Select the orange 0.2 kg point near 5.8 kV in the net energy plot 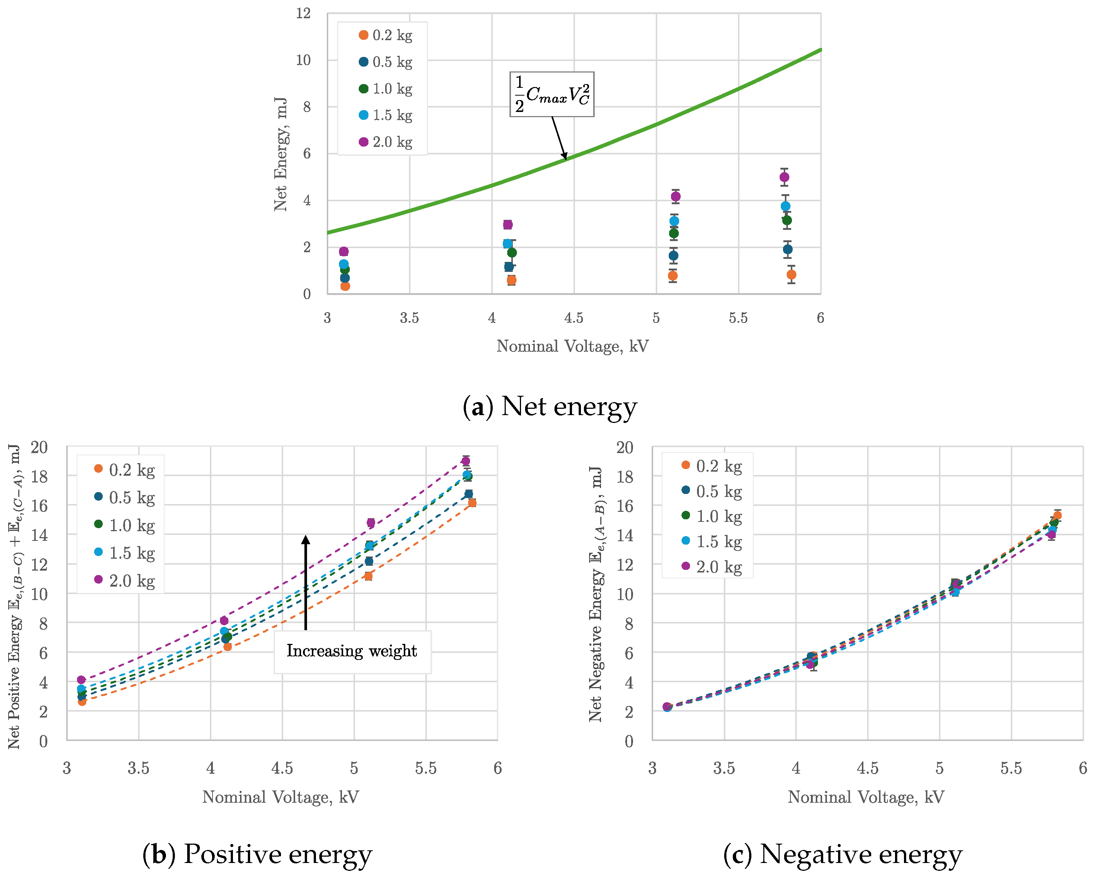(x=791, y=275)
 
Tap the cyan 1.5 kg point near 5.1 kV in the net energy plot (x=674, y=221)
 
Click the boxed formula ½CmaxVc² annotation (x=552, y=94)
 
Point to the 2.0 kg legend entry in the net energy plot (x=385, y=142)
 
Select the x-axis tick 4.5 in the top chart (x=574, y=318)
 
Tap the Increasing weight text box (x=352, y=651)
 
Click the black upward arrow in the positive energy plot (x=306, y=582)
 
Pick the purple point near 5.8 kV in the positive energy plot (x=466, y=461)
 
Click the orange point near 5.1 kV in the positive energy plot (x=368, y=576)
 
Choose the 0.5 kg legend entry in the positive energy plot (x=125, y=498)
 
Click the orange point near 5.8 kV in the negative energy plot (x=1057, y=515)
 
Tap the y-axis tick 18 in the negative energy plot (x=624, y=477)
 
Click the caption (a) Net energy (x=550, y=407)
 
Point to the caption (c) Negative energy (x=843, y=855)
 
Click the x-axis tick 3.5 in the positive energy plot (x=138, y=768)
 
